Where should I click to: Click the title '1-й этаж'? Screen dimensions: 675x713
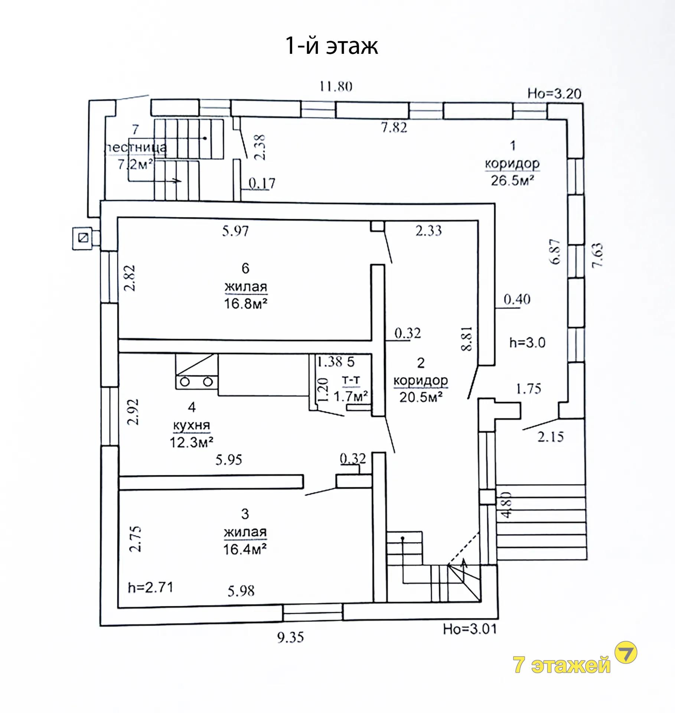(332, 46)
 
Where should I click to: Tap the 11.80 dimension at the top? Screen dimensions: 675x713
(336, 87)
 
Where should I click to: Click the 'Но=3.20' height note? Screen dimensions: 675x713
(554, 94)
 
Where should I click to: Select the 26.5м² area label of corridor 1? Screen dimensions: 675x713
(512, 180)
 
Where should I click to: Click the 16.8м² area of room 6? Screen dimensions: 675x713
(245, 304)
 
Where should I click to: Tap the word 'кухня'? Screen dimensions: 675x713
(192, 425)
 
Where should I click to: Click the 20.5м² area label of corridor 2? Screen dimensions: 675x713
(421, 397)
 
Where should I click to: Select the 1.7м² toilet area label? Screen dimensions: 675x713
(351, 396)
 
